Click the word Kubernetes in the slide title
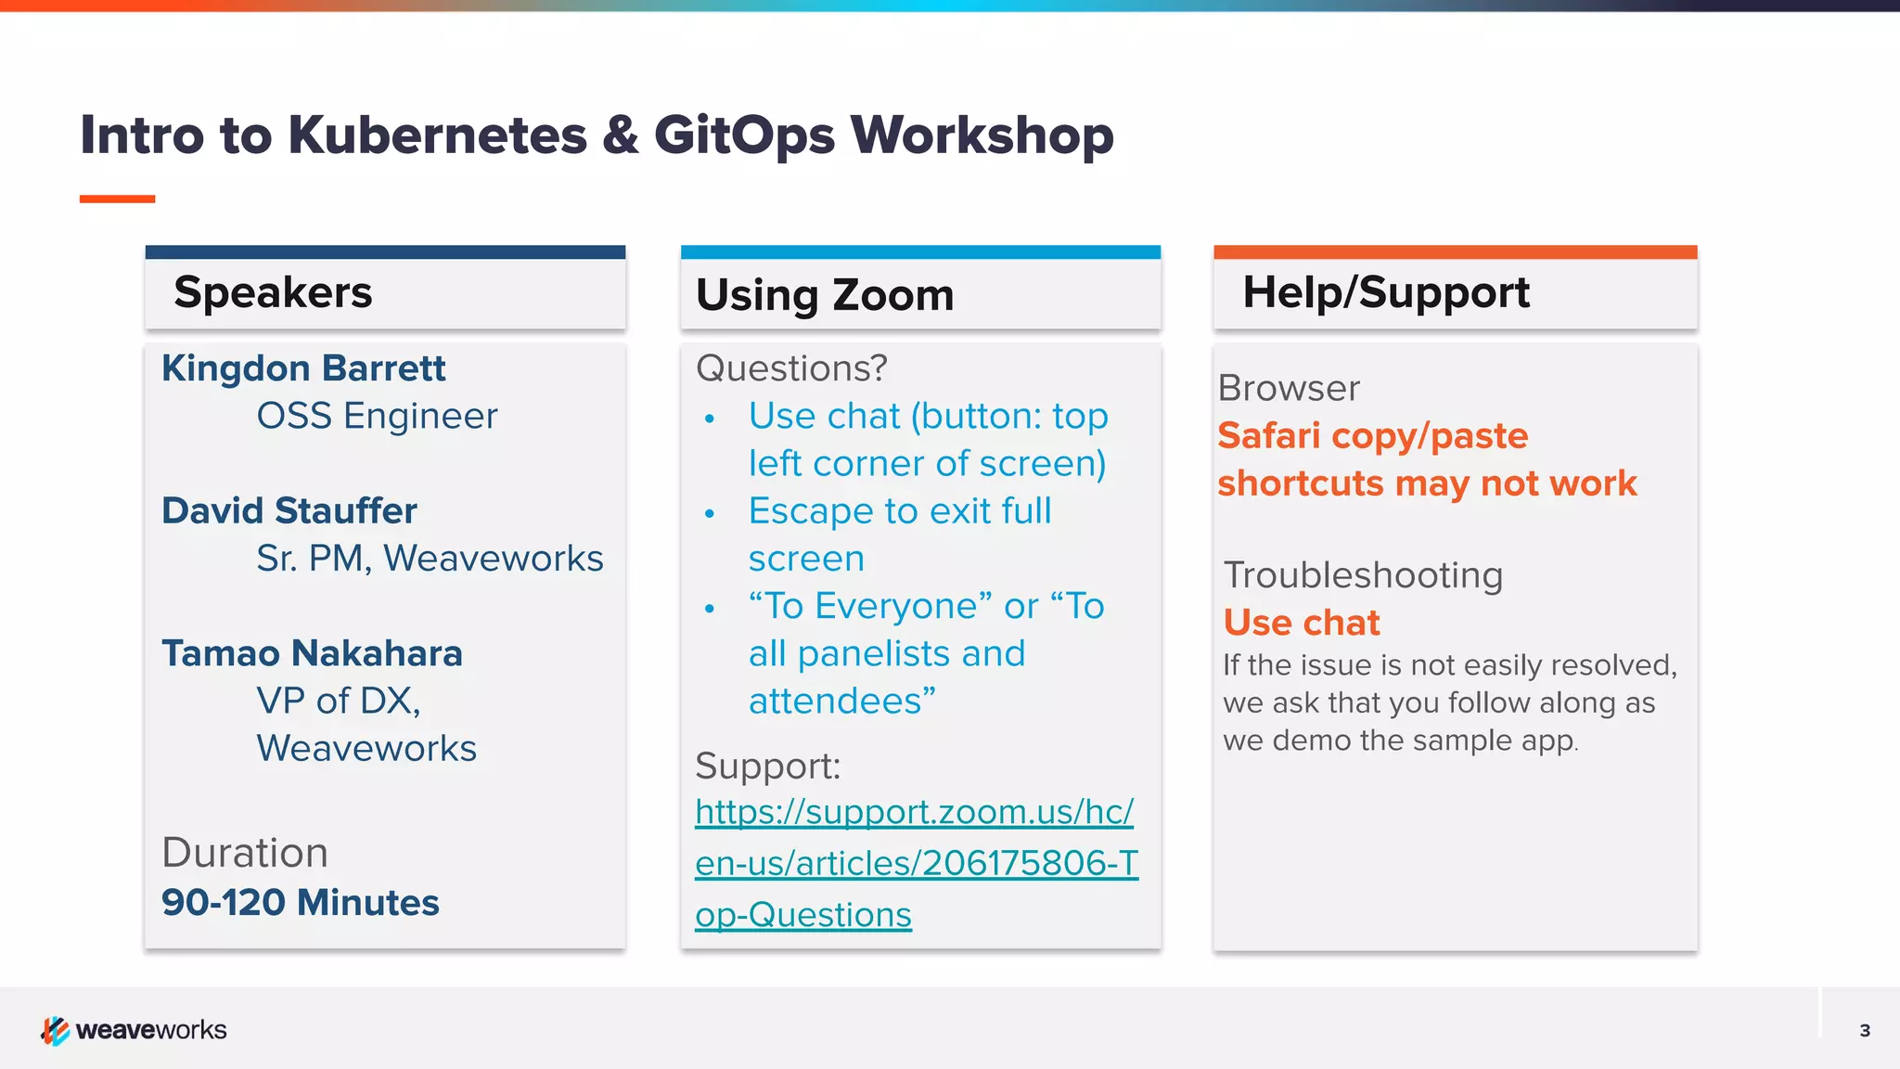point(437,135)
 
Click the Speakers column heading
point(273,292)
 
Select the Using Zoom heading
point(825,295)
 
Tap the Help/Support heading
point(1385,292)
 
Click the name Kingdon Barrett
point(303,368)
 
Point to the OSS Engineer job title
point(377,416)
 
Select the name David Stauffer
point(289,510)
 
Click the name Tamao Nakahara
point(312,653)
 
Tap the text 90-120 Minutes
point(300,902)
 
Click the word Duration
point(245,853)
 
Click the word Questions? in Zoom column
point(791,368)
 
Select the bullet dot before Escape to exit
point(710,513)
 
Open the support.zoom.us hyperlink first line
point(914,812)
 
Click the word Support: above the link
point(767,766)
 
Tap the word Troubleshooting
point(1363,575)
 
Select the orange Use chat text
point(1302,623)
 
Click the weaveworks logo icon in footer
point(55,1030)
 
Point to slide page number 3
point(1865,1030)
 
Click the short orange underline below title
point(117,199)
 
